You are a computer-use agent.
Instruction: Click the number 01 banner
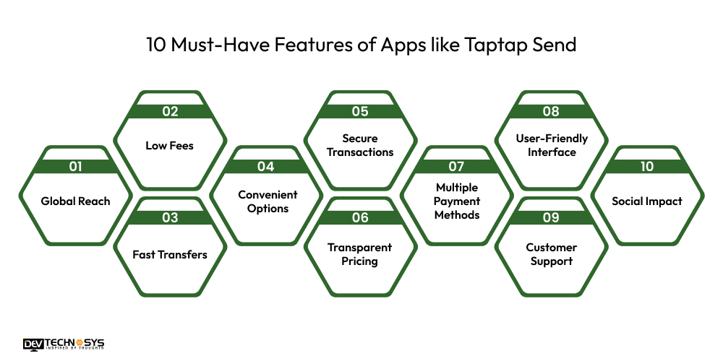pos(74,167)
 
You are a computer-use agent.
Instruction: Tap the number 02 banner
pos(170,111)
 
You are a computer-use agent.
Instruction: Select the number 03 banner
pos(170,217)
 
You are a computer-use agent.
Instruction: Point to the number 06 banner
pos(360,217)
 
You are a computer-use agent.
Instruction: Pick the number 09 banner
pos(551,217)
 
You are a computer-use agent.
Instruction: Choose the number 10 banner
pos(646,167)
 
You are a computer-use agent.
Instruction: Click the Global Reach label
pos(75,201)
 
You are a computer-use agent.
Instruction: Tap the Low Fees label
pos(170,145)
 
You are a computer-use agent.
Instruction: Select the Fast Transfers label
pos(170,254)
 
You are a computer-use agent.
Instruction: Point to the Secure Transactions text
pos(360,145)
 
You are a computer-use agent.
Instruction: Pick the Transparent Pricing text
pos(360,254)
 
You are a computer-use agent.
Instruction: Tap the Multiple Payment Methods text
pos(456,201)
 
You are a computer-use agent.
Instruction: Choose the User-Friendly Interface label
pos(551,145)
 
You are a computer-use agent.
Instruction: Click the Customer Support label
pos(551,254)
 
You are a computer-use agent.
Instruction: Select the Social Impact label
pos(646,201)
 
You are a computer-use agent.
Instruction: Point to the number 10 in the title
pos(156,45)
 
